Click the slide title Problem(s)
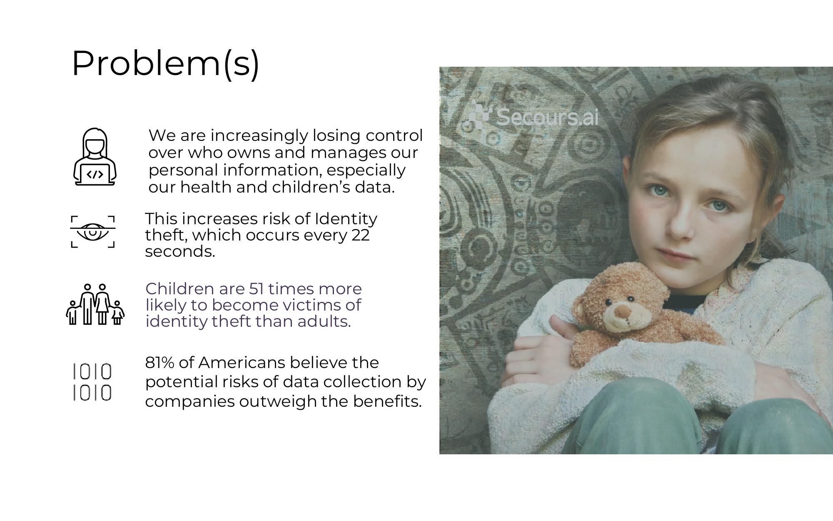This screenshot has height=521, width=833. coord(165,63)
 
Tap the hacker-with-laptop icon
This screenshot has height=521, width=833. coord(95,157)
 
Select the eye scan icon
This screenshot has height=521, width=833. coord(92,232)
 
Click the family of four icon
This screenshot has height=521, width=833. coord(95,304)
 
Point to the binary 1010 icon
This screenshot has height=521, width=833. coord(92,382)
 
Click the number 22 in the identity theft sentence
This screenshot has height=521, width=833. coord(360,235)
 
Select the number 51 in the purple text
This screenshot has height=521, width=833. coord(257,288)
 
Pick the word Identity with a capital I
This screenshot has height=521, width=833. coord(346,219)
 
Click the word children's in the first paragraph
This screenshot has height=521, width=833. coord(311,187)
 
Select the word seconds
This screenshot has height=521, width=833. coord(180,252)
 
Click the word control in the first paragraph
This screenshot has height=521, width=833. coord(394,135)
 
